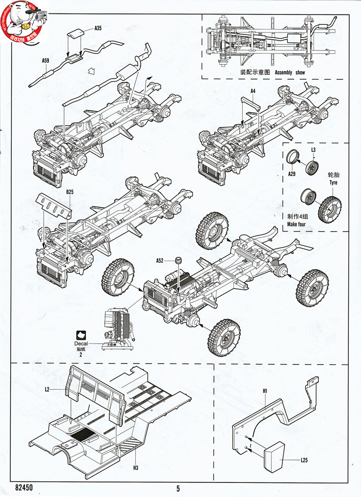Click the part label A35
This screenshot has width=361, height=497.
pyautogui.click(x=98, y=29)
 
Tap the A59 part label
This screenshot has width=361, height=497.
pyautogui.click(x=46, y=61)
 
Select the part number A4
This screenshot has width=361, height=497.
pyautogui.click(x=253, y=91)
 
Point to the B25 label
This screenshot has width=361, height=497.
pyautogui.click(x=69, y=192)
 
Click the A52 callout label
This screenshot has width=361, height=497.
pyautogui.click(x=161, y=261)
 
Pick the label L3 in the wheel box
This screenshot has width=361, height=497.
pyautogui.click(x=313, y=150)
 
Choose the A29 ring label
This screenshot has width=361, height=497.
pyautogui.click(x=292, y=173)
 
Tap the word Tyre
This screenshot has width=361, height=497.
pyautogui.click(x=333, y=182)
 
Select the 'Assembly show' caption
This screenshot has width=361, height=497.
pyautogui.click(x=290, y=72)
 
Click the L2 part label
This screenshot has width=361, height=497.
pyautogui.click(x=47, y=389)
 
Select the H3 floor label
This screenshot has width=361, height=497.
pyautogui.click(x=135, y=468)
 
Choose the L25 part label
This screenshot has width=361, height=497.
pyautogui.click(x=304, y=460)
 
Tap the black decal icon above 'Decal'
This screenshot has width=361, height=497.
pyautogui.click(x=81, y=334)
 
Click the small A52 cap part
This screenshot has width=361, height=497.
pyautogui.click(x=179, y=261)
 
